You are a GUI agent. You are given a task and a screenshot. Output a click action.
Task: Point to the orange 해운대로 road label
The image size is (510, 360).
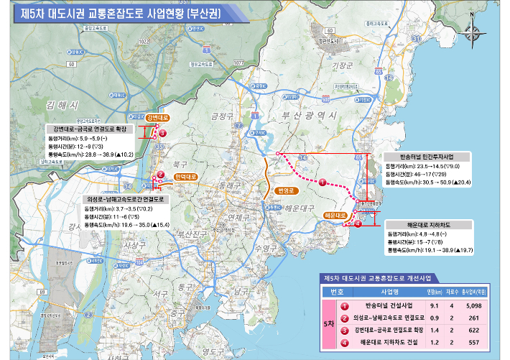pyautogui.click(x=335, y=215)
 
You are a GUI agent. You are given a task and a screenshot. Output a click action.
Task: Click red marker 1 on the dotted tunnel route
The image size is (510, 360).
pyautogui.click(x=323, y=183)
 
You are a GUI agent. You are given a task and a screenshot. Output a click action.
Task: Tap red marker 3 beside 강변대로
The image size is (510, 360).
pyautogui.click(x=162, y=133)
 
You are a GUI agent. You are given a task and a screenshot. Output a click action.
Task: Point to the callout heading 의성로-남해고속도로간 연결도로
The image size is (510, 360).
pyautogui.click(x=126, y=199)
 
